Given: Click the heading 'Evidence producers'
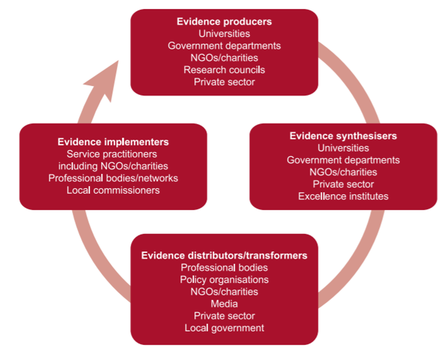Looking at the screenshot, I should tap(224, 22).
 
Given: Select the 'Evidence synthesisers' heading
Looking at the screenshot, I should tap(343, 136).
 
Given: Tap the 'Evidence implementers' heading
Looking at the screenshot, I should tap(113, 142).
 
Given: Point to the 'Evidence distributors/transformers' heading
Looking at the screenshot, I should tap(224, 255).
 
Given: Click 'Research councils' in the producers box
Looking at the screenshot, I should tap(224, 70).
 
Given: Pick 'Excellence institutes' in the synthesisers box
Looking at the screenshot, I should tap(343, 196).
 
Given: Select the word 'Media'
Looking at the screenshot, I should tap(224, 304).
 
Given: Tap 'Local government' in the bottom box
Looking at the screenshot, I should tap(224, 328).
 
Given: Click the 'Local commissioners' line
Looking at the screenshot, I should tap(113, 190).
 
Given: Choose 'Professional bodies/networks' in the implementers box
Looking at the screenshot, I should tap(113, 178).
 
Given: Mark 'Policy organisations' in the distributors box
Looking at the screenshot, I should tap(224, 280).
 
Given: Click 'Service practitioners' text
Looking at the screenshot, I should tap(112, 154).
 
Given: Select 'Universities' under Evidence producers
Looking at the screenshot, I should tap(224, 34).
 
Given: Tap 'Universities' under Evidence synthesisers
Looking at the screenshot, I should tap(343, 148).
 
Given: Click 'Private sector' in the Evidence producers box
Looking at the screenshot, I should tap(224, 82).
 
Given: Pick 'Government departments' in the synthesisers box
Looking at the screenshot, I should tap(343, 160).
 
